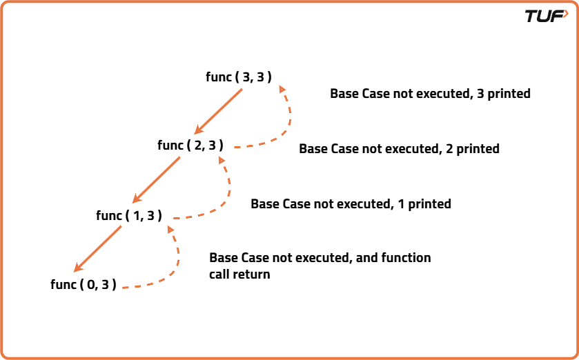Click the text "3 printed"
point(504,93)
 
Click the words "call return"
point(239,274)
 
